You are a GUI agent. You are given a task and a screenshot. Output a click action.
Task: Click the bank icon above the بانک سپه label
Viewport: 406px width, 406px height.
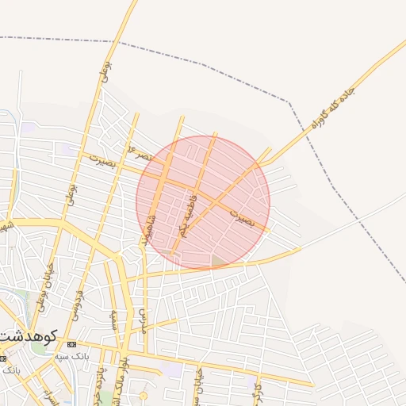pos(71,344)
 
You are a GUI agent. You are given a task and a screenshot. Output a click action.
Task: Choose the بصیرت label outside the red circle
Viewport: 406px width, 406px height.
pos(103,161)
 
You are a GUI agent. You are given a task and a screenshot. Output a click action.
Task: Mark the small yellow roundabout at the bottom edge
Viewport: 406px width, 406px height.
pos(144,395)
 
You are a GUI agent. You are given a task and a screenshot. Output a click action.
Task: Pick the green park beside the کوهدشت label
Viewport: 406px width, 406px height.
pos(38,348)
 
